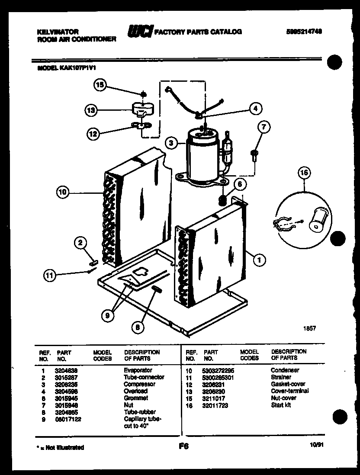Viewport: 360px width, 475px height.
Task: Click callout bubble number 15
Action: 100,85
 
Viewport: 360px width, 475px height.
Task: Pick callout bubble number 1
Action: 259,260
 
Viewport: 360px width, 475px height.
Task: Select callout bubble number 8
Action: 138,327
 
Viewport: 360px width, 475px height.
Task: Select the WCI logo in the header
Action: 139,31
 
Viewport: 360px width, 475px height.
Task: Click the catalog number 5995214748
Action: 305,32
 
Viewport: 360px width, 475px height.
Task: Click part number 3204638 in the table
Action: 66,370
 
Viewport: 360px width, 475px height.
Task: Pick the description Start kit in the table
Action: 281,405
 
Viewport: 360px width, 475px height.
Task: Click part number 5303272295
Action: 219,370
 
